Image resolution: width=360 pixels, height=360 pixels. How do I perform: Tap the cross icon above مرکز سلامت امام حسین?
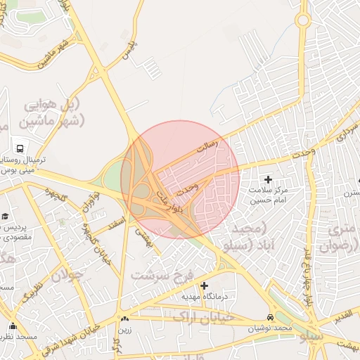click(x=267, y=180)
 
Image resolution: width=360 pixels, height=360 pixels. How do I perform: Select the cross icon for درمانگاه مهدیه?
click(x=204, y=285)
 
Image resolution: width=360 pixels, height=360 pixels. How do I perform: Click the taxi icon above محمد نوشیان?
click(x=271, y=317)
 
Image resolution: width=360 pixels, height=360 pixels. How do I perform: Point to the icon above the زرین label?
click(x=125, y=319)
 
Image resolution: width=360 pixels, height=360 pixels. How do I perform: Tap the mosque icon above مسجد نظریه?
click(x=13, y=326)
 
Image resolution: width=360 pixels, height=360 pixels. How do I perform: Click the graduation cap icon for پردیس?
click(x=6, y=216)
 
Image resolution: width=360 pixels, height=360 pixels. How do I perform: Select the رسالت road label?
click(x=207, y=147)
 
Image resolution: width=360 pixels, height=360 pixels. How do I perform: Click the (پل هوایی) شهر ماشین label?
click(x=54, y=112)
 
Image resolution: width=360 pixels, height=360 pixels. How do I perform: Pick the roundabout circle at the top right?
click(x=302, y=20)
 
